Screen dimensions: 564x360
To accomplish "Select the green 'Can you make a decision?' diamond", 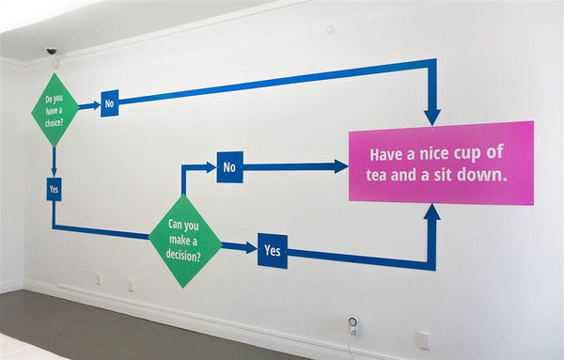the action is (185, 239).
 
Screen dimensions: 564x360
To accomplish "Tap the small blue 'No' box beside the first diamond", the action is (109, 104).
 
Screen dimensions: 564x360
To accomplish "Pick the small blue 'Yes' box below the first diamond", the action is (54, 189).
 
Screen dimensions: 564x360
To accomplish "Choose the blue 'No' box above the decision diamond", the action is (229, 166).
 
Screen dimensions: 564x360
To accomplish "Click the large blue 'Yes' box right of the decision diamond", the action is (272, 251).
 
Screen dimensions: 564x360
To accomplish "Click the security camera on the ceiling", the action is (51, 51).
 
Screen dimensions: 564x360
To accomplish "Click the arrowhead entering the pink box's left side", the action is (340, 166).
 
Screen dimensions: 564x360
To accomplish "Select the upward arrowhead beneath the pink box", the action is (431, 211).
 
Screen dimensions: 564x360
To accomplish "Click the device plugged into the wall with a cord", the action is (352, 324).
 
